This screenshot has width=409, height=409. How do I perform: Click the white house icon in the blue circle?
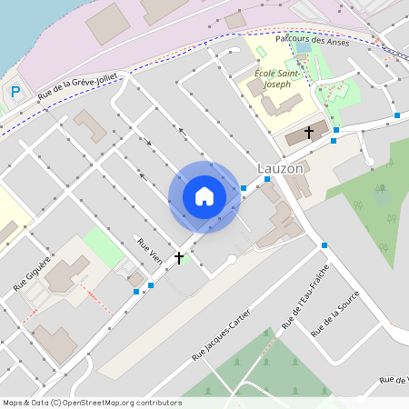point(204,196)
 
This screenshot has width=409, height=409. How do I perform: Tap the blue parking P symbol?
point(15,92)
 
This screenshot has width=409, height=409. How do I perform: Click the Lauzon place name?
point(280,169)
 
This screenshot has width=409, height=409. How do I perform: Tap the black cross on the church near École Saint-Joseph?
point(308,133)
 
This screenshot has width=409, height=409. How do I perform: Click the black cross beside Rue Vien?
point(179,258)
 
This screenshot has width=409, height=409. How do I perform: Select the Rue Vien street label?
point(149,252)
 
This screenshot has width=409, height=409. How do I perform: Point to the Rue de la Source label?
point(335,314)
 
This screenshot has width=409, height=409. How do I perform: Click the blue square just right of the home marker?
point(244,188)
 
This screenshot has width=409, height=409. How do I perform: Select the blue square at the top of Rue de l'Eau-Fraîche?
point(324,245)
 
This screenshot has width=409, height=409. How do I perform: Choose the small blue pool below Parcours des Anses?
point(303,49)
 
